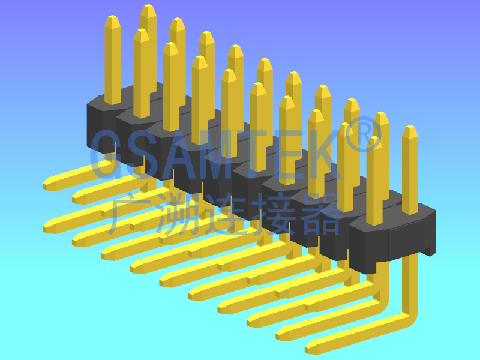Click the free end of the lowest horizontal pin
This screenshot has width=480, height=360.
pyautogui.click(x=310, y=348)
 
